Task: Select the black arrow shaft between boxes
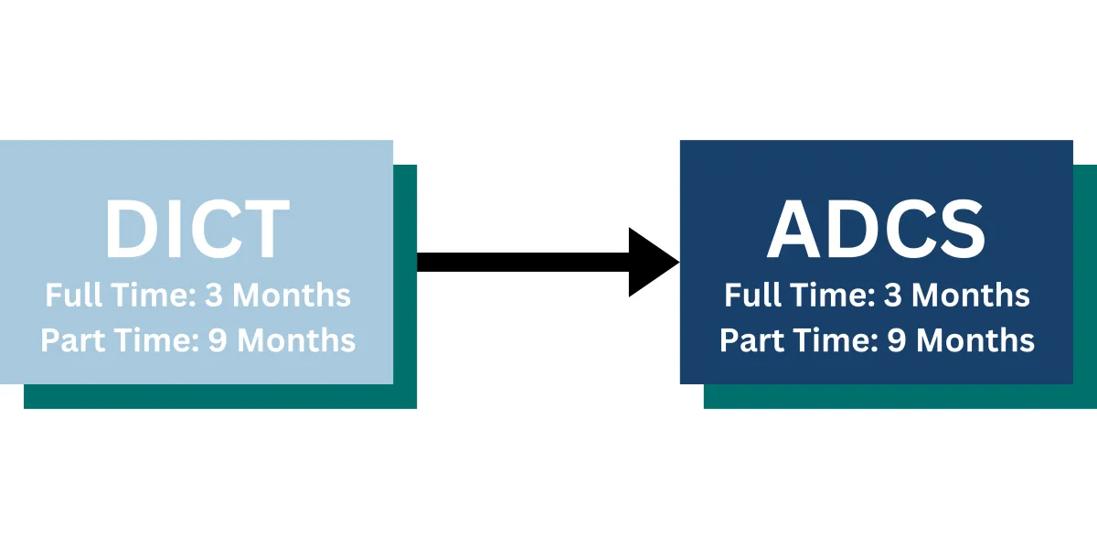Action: (521, 262)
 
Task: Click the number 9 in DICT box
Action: (218, 340)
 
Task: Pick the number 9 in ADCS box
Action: (898, 340)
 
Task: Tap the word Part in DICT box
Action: (74, 340)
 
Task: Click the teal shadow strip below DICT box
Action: (219, 396)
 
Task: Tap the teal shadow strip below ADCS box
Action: (900, 396)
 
